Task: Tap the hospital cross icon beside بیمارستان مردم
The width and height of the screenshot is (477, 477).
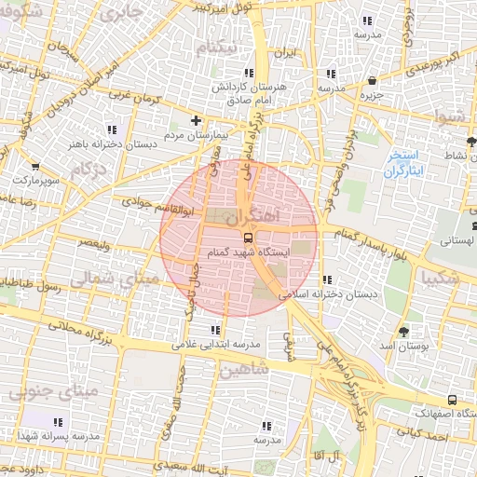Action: (195, 120)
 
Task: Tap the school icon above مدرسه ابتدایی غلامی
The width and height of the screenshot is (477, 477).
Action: (216, 330)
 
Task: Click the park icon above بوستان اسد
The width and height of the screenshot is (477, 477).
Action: (403, 331)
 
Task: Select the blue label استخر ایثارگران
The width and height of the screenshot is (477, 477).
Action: (404, 164)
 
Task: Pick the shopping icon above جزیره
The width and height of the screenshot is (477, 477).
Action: (373, 80)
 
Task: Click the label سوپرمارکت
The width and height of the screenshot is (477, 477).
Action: (37, 177)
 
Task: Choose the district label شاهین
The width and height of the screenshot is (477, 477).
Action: (244, 369)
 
